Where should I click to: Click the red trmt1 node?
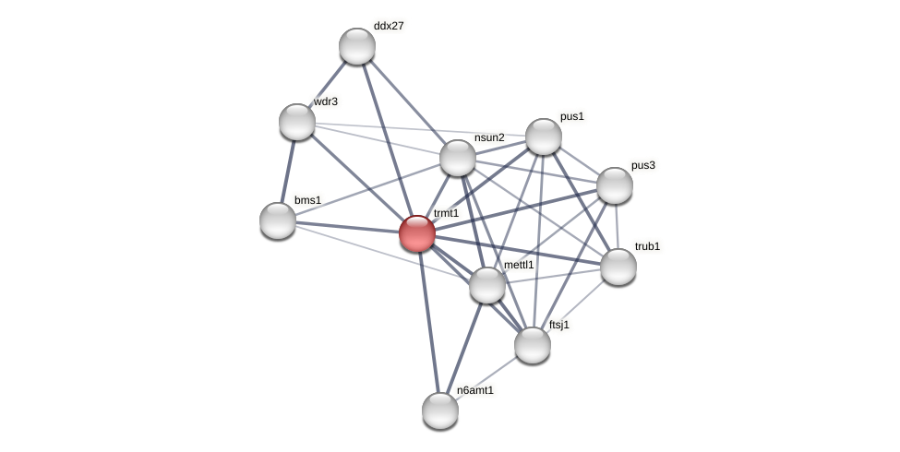(417, 233)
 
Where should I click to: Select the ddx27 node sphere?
(357, 46)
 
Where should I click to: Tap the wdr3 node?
(297, 122)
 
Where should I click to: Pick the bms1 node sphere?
(278, 220)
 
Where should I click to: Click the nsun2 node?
(458, 158)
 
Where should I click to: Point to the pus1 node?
(544, 137)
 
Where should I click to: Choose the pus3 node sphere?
(615, 185)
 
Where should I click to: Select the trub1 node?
(618, 267)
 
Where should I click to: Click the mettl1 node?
(487, 285)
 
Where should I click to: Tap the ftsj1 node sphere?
(533, 345)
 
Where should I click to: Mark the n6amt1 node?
(440, 410)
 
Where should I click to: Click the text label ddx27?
(389, 26)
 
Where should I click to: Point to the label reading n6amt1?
(475, 390)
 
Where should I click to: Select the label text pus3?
(643, 166)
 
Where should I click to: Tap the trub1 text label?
(647, 246)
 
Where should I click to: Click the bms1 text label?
(307, 200)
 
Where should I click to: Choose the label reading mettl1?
(519, 265)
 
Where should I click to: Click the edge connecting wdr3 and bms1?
(288, 171)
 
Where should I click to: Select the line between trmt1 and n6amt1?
(428, 321)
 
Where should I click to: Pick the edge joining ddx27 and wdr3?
(328, 84)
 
